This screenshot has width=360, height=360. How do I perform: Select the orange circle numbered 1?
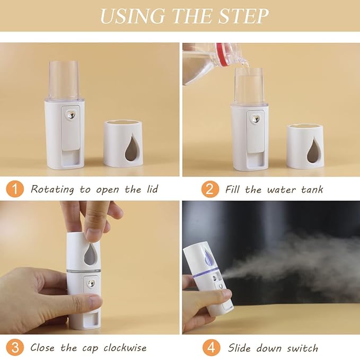tap(15, 189)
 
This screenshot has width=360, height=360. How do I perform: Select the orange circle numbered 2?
tap(210, 189)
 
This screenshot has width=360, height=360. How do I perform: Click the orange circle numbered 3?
tap(15, 348)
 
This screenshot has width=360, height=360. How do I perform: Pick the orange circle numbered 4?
tap(210, 348)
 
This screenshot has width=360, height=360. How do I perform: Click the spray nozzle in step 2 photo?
tap(256, 118)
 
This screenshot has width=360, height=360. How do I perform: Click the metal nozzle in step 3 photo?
tap(91, 284)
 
